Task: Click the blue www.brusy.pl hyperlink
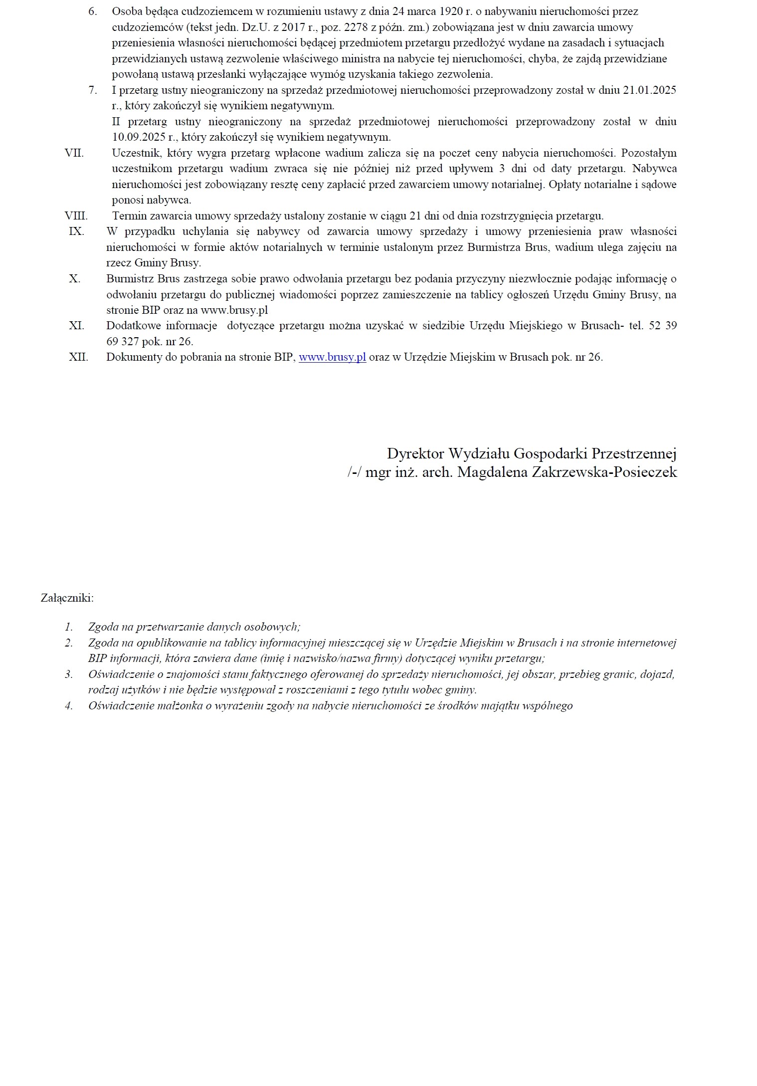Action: tap(332, 357)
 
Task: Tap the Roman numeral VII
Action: tap(74, 153)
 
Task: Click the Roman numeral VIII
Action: tap(76, 216)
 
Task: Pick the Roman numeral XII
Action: tap(78, 357)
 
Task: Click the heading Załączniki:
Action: tap(67, 598)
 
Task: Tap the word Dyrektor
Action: tap(416, 453)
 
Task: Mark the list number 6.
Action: tap(93, 11)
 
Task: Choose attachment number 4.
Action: tap(69, 706)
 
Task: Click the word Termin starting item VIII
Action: tap(130, 216)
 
